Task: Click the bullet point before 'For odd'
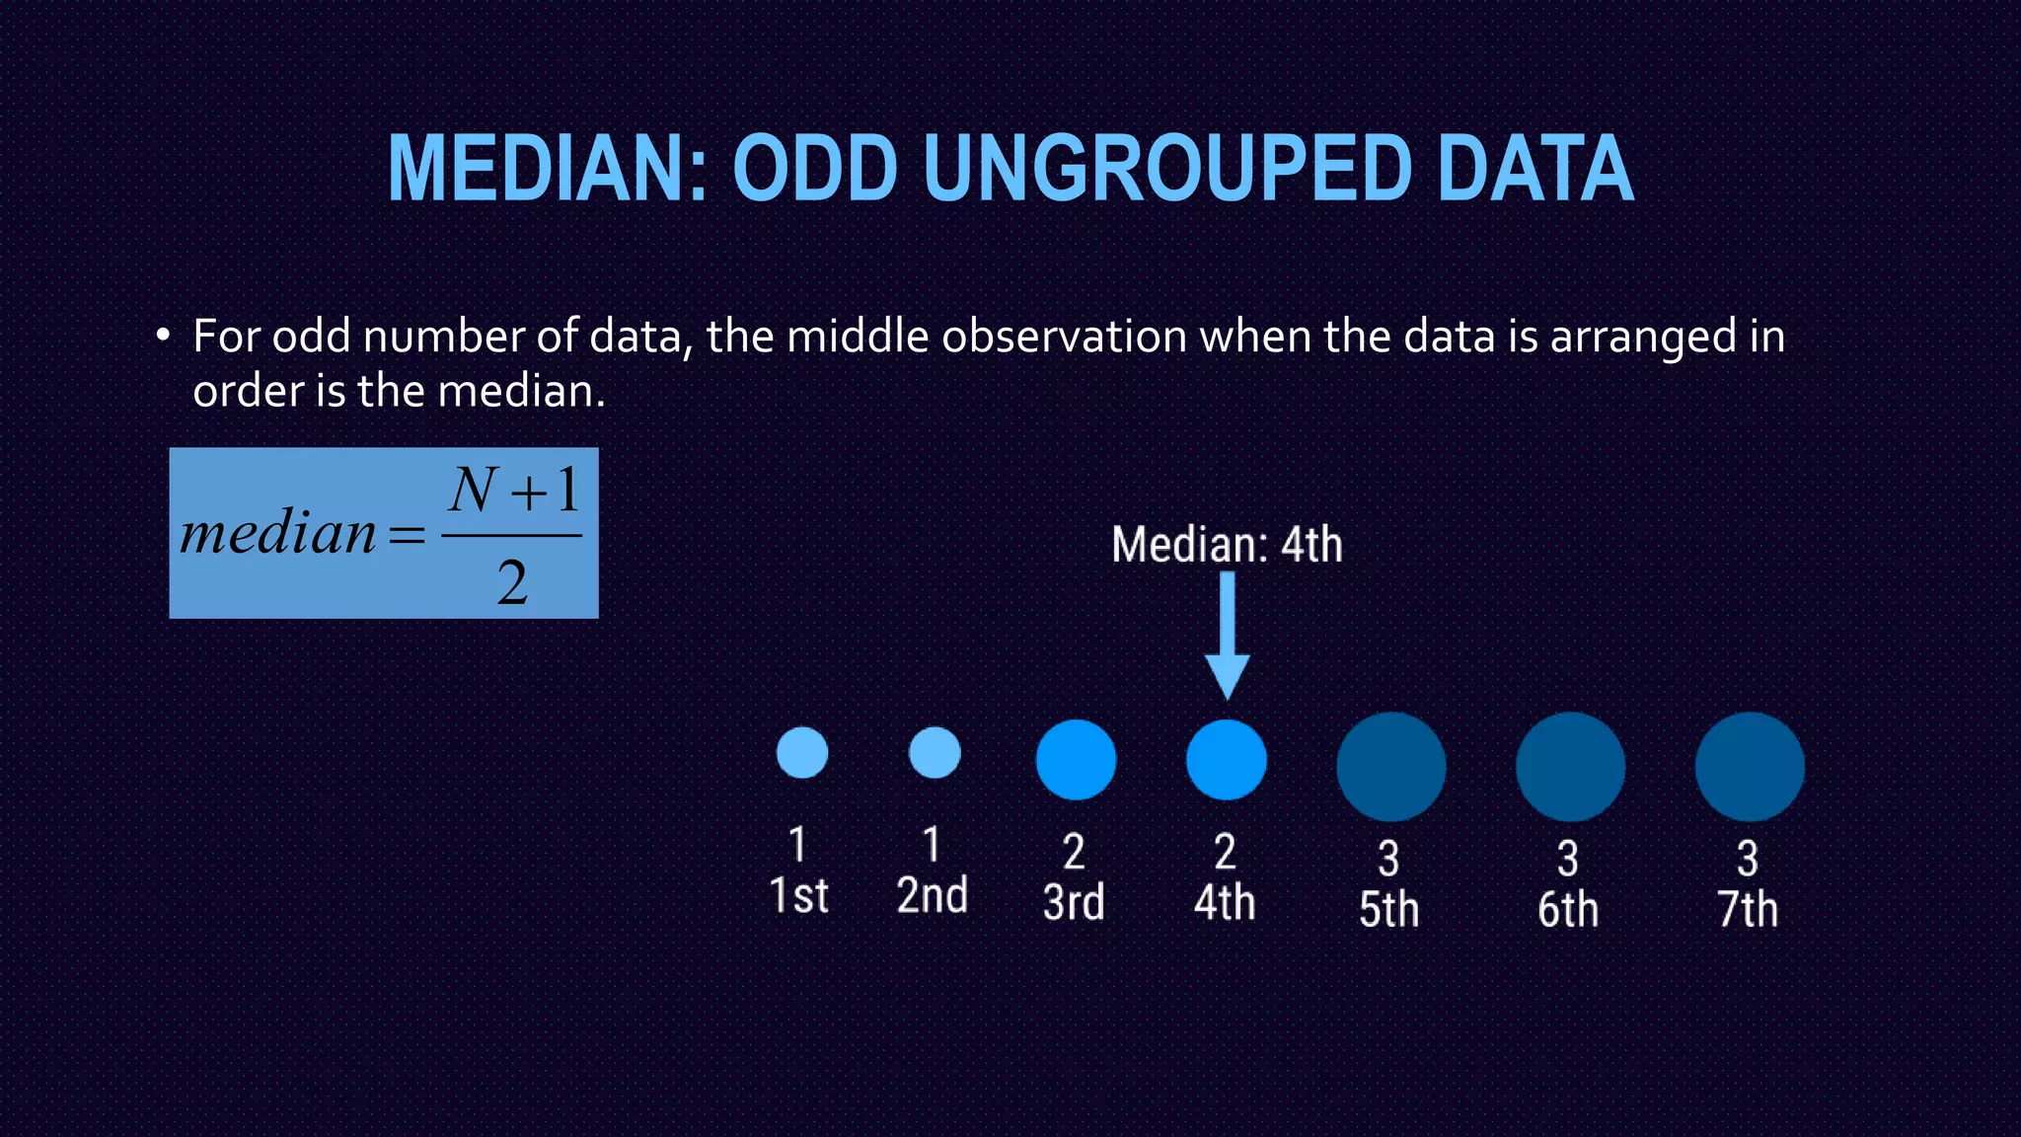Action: pos(163,336)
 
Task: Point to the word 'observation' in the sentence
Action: pos(1064,337)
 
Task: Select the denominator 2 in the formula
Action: pos(512,582)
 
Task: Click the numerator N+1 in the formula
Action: pos(513,491)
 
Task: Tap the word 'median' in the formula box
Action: pos(278,534)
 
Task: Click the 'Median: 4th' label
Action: pos(1227,545)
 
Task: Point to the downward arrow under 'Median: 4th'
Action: pos(1228,637)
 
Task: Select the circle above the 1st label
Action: pos(802,753)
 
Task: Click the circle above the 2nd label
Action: pos(935,753)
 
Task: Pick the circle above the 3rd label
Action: pos(1076,759)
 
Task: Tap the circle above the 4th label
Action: pos(1227,759)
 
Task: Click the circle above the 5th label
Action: pos(1391,767)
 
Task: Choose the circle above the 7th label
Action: pos(1750,767)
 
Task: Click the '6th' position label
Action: pos(1568,910)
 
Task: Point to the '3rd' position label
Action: pos(1074,902)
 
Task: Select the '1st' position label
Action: pos(798,896)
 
